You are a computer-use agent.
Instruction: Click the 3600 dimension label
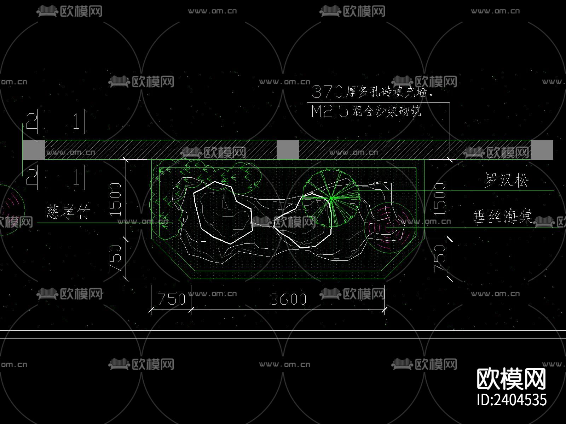[x=288, y=299]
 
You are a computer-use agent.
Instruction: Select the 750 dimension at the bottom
[x=172, y=299]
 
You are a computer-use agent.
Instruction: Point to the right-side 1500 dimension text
[x=439, y=200]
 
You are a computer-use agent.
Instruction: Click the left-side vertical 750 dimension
[x=115, y=259]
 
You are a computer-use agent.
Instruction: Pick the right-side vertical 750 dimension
[x=439, y=259]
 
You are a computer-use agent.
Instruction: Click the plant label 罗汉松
[x=507, y=180]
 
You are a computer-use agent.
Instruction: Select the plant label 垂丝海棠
[x=502, y=217]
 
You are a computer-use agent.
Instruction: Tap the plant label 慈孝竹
[x=68, y=212]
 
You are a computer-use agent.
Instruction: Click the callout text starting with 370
[x=371, y=92]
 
